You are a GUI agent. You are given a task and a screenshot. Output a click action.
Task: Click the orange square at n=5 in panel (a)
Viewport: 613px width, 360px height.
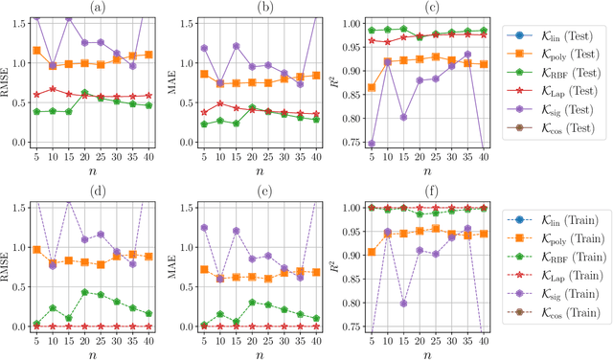(x=36, y=51)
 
